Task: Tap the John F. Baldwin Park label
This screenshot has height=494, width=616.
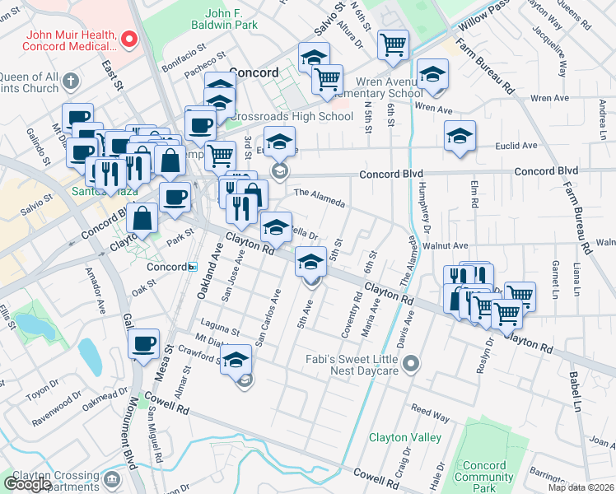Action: point(240,20)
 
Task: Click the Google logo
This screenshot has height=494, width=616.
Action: point(26,484)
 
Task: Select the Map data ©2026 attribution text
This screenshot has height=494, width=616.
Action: point(580,487)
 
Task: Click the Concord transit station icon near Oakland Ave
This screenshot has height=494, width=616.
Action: point(192,267)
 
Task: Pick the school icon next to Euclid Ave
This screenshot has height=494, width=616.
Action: point(460,137)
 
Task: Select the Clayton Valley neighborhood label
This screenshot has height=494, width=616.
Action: point(404,437)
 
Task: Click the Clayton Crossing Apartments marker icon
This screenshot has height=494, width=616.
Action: point(112,478)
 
